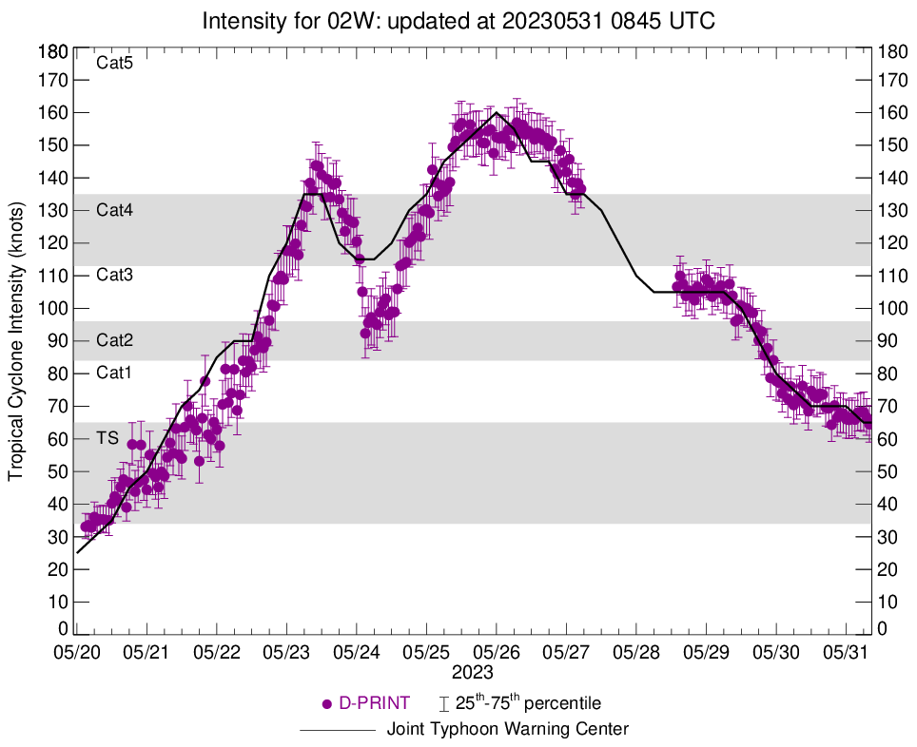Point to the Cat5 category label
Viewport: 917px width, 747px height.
coord(114,65)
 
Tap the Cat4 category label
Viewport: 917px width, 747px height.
coord(114,210)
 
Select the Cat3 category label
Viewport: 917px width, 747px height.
coord(114,276)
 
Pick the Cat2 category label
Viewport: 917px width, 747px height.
coord(114,340)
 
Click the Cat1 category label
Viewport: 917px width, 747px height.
coord(114,373)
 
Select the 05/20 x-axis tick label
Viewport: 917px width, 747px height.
coord(77,654)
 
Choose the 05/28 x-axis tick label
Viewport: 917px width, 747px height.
coord(636,654)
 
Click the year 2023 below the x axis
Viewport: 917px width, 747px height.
coord(473,672)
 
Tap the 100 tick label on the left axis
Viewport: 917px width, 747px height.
coord(53,309)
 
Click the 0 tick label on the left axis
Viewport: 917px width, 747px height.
coord(63,629)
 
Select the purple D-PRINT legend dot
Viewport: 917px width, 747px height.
coord(327,704)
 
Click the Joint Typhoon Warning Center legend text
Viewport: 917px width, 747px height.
coord(508,730)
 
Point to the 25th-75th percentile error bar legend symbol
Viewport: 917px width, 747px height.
coord(444,704)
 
